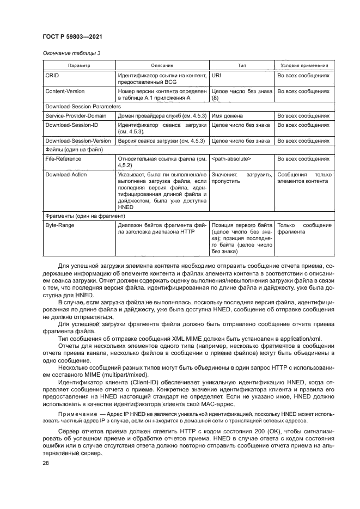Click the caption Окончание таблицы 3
68,53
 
